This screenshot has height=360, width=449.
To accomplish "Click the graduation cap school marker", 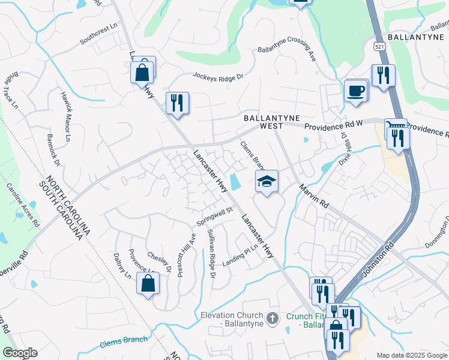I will click(267, 181).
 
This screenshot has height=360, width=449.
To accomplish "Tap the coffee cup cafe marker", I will click(355, 91).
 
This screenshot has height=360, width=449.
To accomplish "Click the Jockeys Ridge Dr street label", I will click(218, 76).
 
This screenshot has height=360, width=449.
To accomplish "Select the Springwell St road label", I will click(214, 217).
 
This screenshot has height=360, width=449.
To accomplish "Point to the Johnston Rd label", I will click(377, 260).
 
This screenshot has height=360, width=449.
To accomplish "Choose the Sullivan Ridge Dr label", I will click(211, 253).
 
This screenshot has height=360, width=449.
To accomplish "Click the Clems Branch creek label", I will click(124, 340).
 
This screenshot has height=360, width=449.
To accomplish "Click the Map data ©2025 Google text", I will click(412, 355).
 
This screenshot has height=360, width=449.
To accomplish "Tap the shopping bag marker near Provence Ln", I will click(148, 283).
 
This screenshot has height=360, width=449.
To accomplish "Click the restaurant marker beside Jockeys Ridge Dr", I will click(177, 103).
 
